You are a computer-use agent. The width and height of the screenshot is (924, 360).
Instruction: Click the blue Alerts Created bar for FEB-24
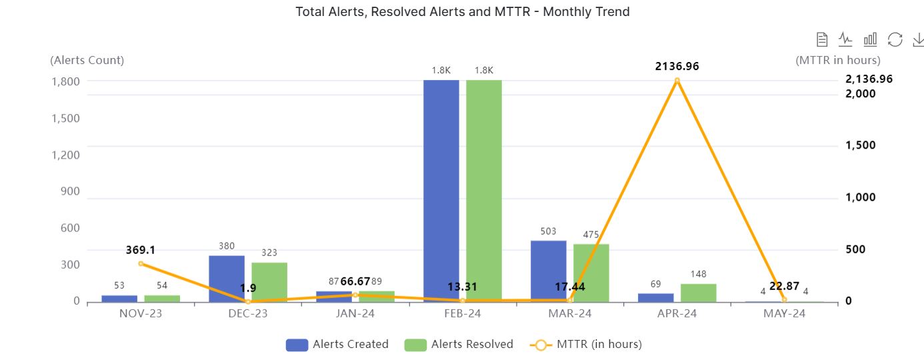coord(441,191)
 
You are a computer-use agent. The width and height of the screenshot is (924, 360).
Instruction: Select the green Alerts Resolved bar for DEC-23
coord(269,282)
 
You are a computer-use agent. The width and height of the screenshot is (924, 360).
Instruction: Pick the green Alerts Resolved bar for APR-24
coord(698,293)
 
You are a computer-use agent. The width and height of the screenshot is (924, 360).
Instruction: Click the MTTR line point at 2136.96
coord(677,81)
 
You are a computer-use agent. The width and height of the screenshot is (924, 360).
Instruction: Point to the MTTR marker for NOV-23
coord(141,263)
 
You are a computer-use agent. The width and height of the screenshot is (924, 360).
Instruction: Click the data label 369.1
coord(141,250)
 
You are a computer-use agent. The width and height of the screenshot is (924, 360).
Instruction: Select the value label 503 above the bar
coord(548,231)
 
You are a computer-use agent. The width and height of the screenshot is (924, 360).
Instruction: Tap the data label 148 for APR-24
coord(699,274)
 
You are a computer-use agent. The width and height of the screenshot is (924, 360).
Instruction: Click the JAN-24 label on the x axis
coord(355,313)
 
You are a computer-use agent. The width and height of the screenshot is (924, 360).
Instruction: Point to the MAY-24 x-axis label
coord(784,313)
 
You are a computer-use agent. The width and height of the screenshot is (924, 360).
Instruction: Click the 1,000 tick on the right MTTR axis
coord(861,197)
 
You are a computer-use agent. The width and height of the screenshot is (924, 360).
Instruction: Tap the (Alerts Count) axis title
coord(87,60)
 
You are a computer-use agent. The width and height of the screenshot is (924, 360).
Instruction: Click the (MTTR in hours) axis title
coord(838,60)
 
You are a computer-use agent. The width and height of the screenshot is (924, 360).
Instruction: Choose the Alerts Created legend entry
coord(337,345)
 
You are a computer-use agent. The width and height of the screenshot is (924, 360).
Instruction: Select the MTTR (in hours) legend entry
coord(586,345)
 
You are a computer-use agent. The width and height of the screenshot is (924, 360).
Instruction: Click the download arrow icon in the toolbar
coord(918,39)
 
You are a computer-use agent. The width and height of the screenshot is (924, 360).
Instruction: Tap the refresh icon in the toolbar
coord(895,39)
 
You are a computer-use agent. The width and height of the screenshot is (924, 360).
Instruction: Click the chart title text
coord(463,11)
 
